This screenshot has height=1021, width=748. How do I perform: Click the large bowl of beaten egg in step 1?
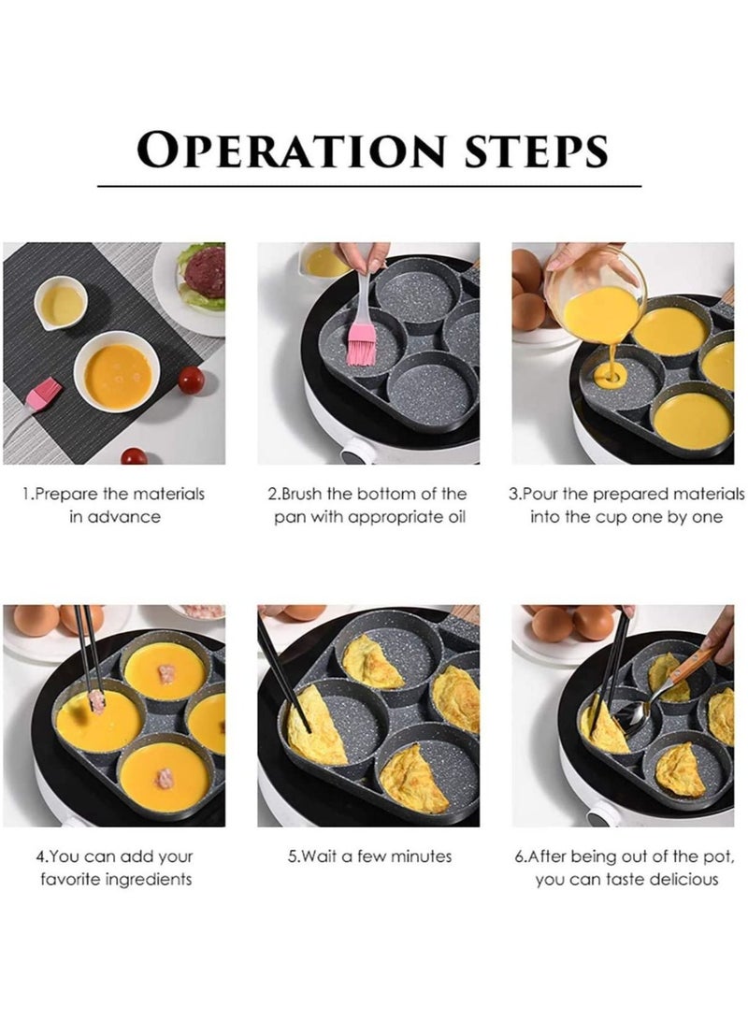click(x=117, y=375)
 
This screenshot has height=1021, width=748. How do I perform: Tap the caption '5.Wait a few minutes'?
click(x=369, y=856)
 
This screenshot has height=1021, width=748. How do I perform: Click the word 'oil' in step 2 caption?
click(x=449, y=517)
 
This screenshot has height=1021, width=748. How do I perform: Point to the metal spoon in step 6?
click(x=637, y=714)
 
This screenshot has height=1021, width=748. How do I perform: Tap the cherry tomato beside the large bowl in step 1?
click(x=191, y=380)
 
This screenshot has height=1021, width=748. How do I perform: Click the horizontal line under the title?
click(x=369, y=186)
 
